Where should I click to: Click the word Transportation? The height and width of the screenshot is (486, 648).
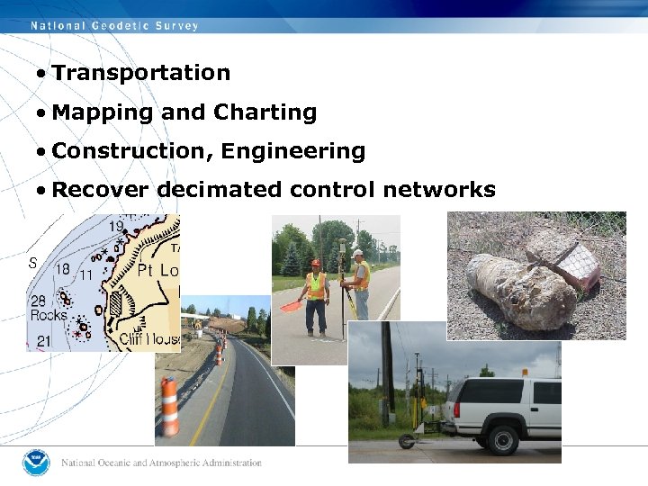141,73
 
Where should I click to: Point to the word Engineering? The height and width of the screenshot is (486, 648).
293,151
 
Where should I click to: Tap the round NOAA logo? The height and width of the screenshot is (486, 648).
37,463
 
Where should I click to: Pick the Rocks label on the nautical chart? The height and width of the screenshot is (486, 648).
48,315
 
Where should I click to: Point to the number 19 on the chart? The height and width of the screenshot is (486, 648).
116,228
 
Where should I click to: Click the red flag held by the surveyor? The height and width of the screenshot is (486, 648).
291,305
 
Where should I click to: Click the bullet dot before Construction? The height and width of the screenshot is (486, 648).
41,152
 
